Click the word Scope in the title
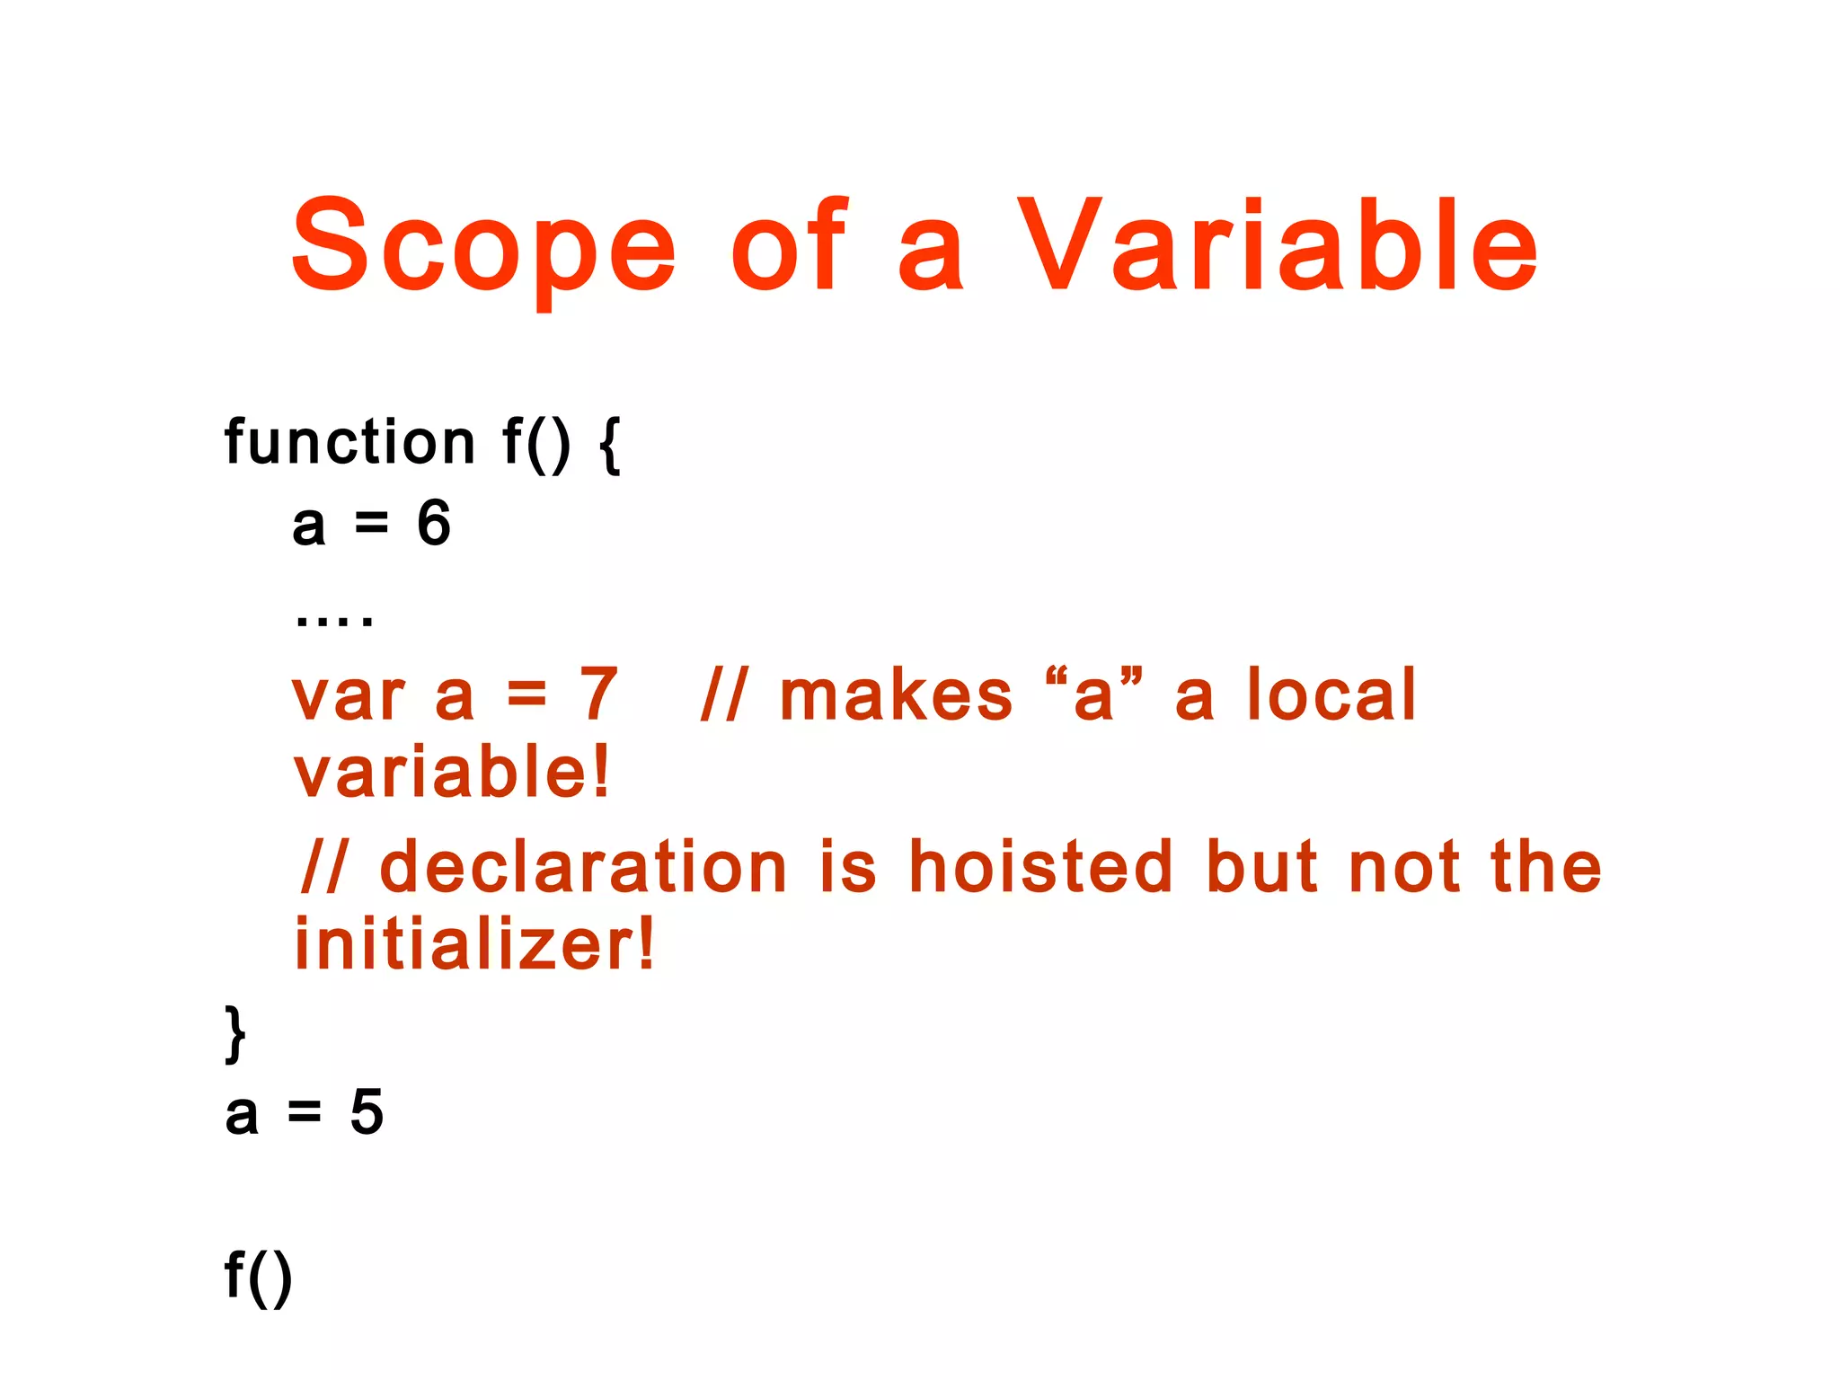click(483, 247)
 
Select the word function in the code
click(349, 442)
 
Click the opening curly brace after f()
click(609, 444)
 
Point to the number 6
click(434, 523)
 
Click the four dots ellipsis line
click(333, 619)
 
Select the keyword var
click(349, 697)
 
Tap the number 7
click(598, 694)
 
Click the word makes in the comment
click(896, 695)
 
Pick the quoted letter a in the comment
click(1093, 695)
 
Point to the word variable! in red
click(452, 772)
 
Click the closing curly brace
click(234, 1034)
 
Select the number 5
click(367, 1112)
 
